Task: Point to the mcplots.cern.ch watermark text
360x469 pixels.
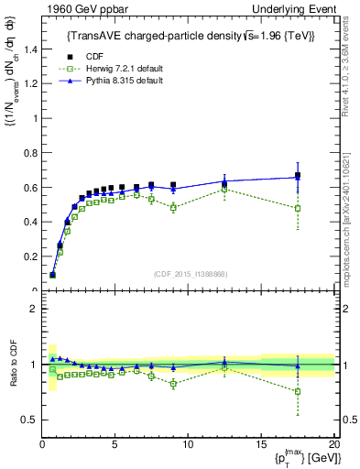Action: coord(349,220)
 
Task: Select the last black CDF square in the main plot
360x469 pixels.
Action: coord(298,176)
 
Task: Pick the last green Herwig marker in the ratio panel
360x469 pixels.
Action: coord(298,391)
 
